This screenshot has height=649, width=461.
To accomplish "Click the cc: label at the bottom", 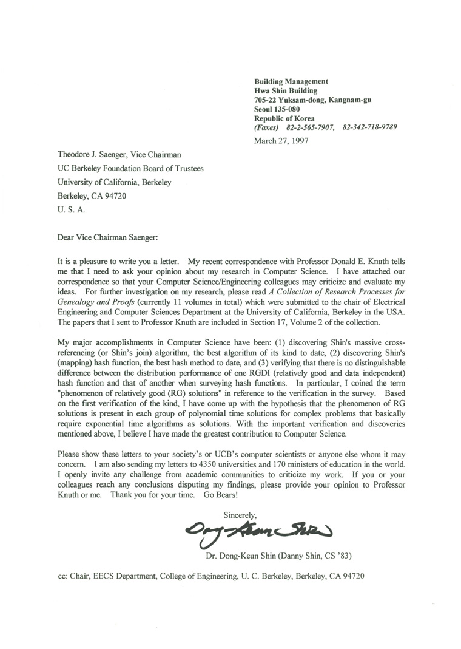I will click(61, 575).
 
